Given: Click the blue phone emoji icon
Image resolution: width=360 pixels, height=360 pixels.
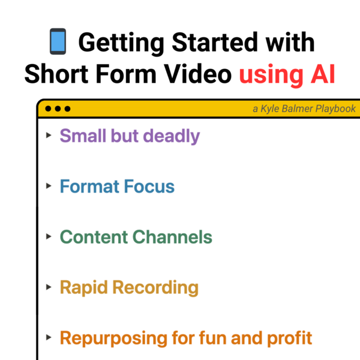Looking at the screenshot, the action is tap(58, 41).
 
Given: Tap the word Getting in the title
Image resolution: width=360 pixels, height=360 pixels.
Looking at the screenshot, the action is tap(121, 43).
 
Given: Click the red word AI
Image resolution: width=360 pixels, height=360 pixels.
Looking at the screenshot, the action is tap(323, 74).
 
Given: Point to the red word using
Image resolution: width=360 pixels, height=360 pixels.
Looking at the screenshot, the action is tap(271, 76).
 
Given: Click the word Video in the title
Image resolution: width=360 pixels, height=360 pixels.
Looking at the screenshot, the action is tap(197, 74).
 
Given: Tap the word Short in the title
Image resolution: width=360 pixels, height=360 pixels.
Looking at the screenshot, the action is tap(56, 74).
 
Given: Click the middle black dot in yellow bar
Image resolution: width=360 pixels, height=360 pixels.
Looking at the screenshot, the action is tap(58, 109).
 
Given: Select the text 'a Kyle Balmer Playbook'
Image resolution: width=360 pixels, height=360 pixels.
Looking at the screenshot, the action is tap(304, 109).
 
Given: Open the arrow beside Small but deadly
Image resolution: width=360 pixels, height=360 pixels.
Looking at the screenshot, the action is tap(49, 135).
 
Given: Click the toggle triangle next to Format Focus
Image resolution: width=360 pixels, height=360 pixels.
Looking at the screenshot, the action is tap(49, 186).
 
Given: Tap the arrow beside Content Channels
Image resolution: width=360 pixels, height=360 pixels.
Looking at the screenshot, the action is tap(49, 236).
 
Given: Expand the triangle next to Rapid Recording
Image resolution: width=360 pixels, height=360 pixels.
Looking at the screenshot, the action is tap(49, 287).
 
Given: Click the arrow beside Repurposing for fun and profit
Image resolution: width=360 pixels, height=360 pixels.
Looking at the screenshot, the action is tap(49, 337).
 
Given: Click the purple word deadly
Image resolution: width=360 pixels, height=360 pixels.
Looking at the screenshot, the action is tap(172, 136).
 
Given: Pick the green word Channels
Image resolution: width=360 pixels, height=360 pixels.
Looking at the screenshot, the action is tap(172, 237).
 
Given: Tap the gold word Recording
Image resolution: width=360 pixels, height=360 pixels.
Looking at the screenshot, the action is tap(155, 288).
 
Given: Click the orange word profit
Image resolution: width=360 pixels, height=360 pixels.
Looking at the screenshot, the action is tap(290, 338).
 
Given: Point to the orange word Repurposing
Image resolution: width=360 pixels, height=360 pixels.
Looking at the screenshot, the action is tap(113, 338).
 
